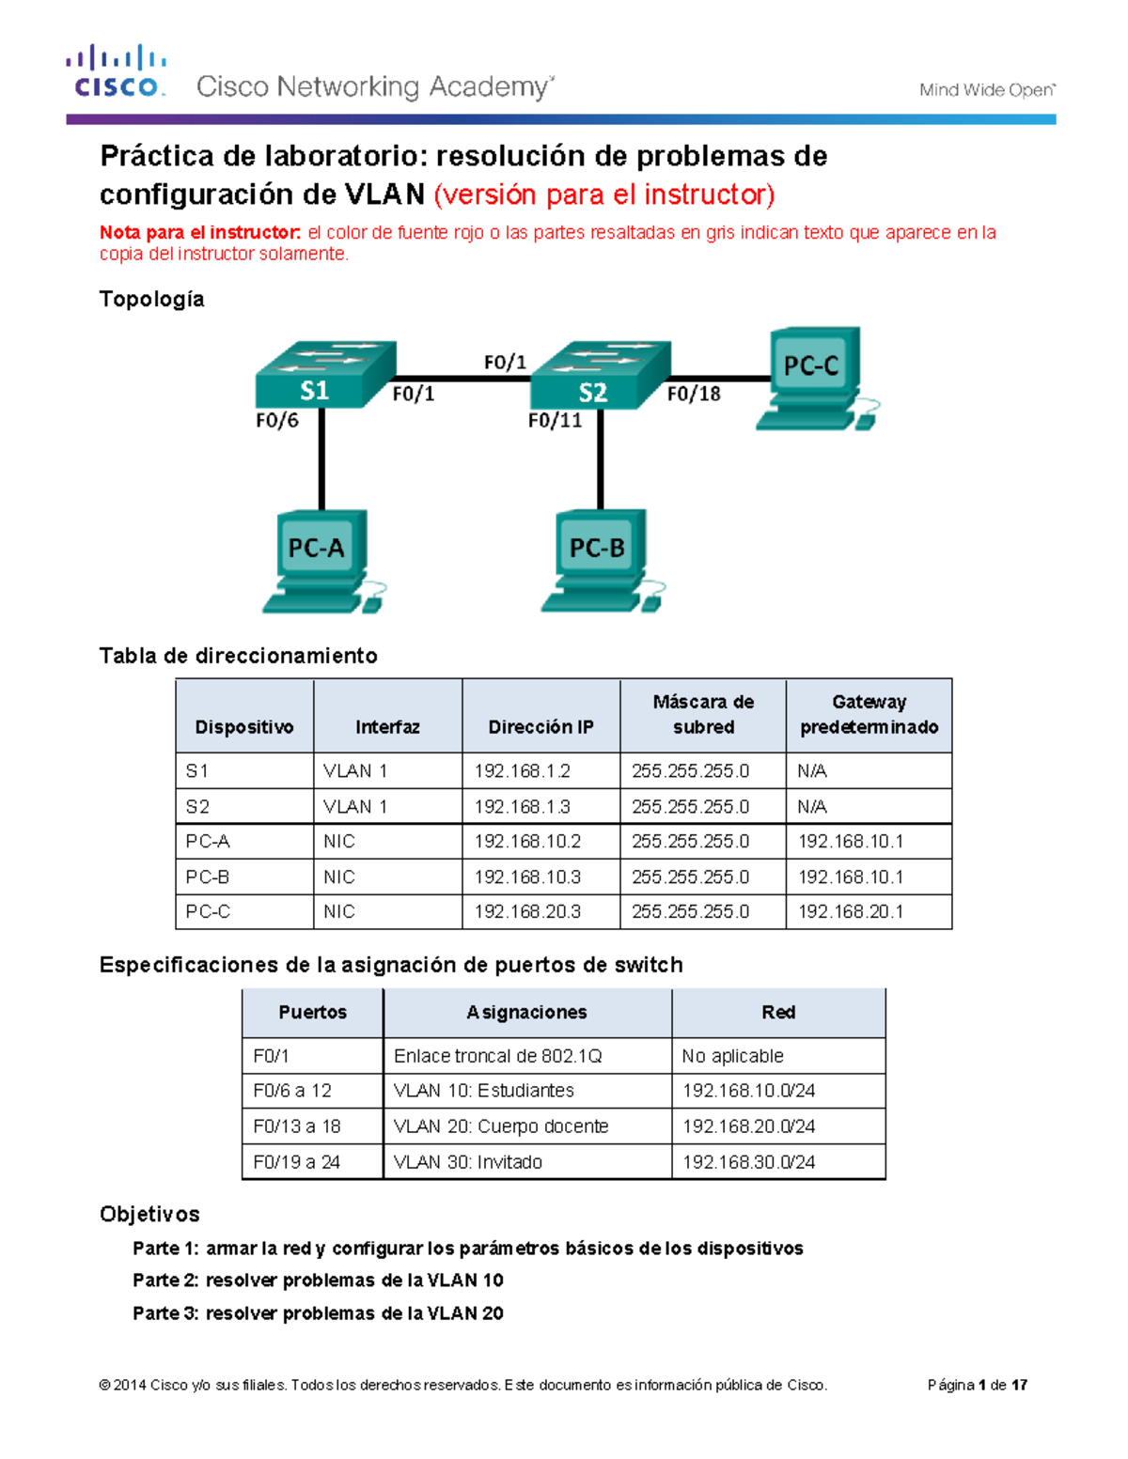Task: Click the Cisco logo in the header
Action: [x=117, y=71]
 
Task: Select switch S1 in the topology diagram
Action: [x=321, y=376]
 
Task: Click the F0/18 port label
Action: [x=694, y=395]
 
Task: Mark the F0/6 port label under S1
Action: [x=276, y=421]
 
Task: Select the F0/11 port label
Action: [x=555, y=421]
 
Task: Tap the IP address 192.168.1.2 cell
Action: [x=522, y=771]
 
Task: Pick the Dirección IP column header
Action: [x=540, y=727]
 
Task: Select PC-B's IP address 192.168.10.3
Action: [x=526, y=877]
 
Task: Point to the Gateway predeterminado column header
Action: [x=869, y=715]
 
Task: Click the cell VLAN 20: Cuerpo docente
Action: [x=501, y=1126]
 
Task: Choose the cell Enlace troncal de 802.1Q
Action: [x=497, y=1056]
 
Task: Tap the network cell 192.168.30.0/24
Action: [x=748, y=1162]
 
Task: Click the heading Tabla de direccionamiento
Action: [x=239, y=656]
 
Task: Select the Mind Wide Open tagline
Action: [x=986, y=90]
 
